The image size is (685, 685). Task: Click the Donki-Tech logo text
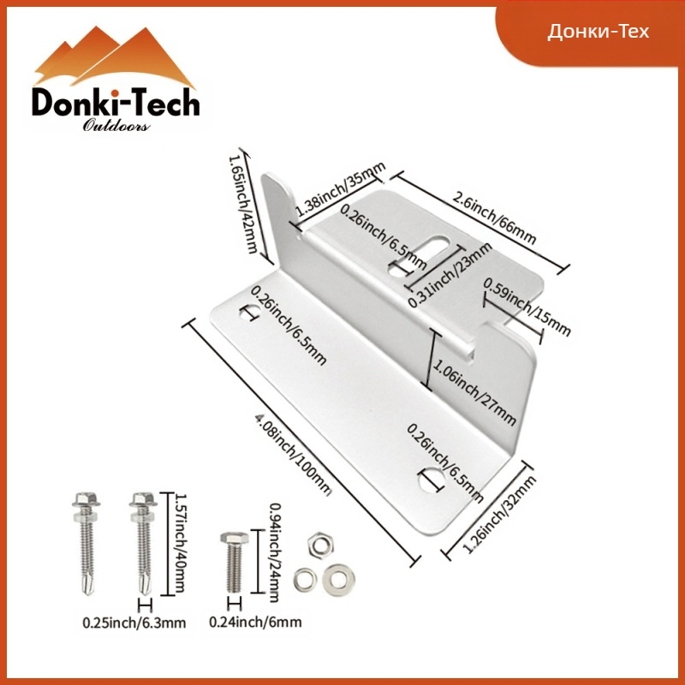click(x=116, y=102)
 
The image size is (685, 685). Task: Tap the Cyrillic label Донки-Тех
click(x=598, y=32)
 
